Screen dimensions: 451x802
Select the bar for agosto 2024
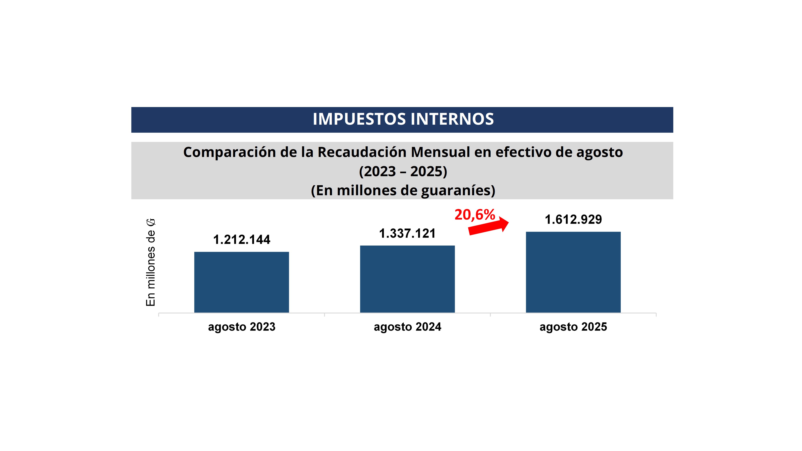pyautogui.click(x=407, y=279)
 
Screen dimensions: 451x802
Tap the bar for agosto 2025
pyautogui.click(x=573, y=272)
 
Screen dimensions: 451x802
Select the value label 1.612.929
pyautogui.click(x=573, y=220)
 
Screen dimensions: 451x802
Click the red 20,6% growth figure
pyautogui.click(x=474, y=215)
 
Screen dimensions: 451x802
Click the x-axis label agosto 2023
pyautogui.click(x=242, y=327)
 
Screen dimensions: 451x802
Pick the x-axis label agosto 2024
pyautogui.click(x=407, y=327)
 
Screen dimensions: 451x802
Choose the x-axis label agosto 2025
pyautogui.click(x=573, y=327)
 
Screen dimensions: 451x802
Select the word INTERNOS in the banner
pyautogui.click(x=452, y=119)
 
